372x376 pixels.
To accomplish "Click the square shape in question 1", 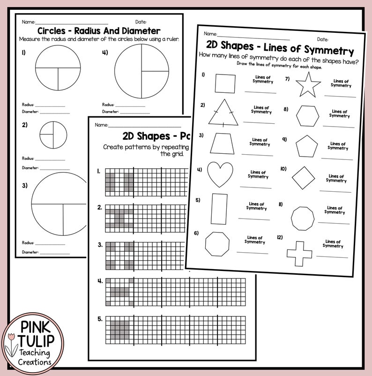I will tap(225, 83).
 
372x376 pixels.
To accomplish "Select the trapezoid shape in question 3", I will tap(222, 143).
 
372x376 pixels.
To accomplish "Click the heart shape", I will tap(220, 174).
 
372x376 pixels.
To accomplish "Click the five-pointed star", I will tap(308, 86).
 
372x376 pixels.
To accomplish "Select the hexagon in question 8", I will tap(307, 115).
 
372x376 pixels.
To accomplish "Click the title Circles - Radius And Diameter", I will tap(98, 31).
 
